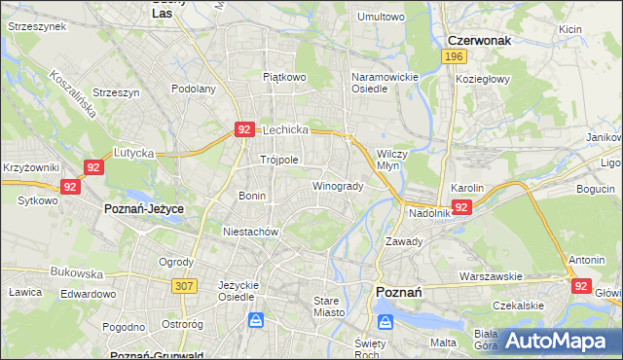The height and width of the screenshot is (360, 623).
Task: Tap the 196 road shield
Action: click(x=452, y=58)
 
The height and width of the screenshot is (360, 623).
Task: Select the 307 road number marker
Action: click(x=184, y=285)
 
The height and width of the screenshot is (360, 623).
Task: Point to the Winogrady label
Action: click(x=338, y=186)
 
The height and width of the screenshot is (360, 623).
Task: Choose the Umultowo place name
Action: click(x=381, y=17)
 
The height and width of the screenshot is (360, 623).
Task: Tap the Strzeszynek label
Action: click(x=37, y=26)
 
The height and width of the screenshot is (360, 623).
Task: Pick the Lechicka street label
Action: click(x=284, y=129)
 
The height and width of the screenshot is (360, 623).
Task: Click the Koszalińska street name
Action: click(x=73, y=93)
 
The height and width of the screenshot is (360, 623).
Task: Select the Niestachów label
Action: click(x=251, y=233)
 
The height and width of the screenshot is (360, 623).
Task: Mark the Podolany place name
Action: click(x=193, y=89)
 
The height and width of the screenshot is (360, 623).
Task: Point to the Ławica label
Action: click(x=23, y=291)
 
